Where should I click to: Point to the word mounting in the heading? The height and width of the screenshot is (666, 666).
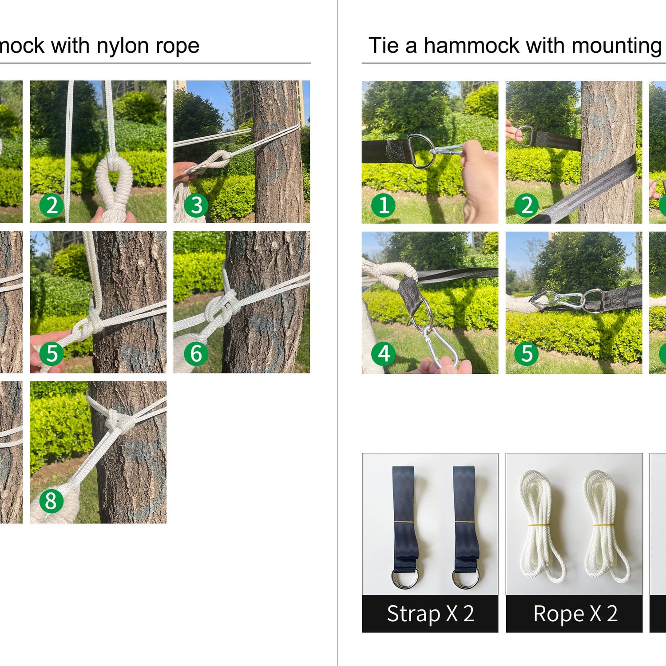click(617, 46)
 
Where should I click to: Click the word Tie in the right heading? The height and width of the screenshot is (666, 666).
click(383, 45)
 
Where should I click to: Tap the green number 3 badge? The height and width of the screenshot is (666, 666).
click(196, 206)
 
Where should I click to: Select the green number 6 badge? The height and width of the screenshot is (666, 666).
click(196, 353)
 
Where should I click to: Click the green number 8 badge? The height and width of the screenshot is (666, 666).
click(52, 501)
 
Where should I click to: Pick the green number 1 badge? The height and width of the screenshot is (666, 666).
click(383, 205)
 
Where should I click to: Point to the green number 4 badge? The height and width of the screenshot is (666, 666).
click(383, 353)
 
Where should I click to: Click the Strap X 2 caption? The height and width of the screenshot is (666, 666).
click(430, 614)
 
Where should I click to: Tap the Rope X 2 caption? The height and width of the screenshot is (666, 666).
click(575, 614)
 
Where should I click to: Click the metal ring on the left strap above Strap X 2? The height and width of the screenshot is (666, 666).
click(404, 578)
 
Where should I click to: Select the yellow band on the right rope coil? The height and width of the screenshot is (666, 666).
click(604, 525)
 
